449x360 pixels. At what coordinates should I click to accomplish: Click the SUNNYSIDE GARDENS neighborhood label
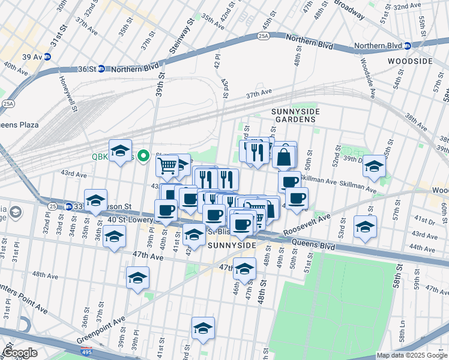295,115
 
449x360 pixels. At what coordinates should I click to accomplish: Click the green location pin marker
143,157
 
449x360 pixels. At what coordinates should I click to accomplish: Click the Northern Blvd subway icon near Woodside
407,46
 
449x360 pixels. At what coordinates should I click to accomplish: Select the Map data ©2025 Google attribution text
412,355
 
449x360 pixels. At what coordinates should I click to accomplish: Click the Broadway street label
349,10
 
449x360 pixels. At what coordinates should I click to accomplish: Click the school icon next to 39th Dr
374,166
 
